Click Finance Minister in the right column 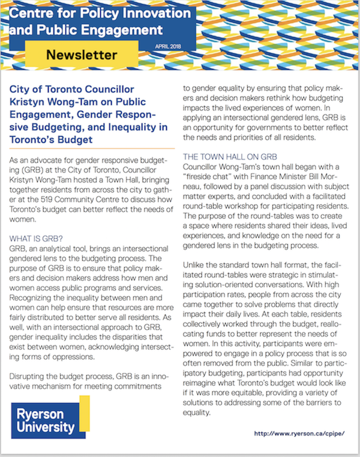282,179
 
